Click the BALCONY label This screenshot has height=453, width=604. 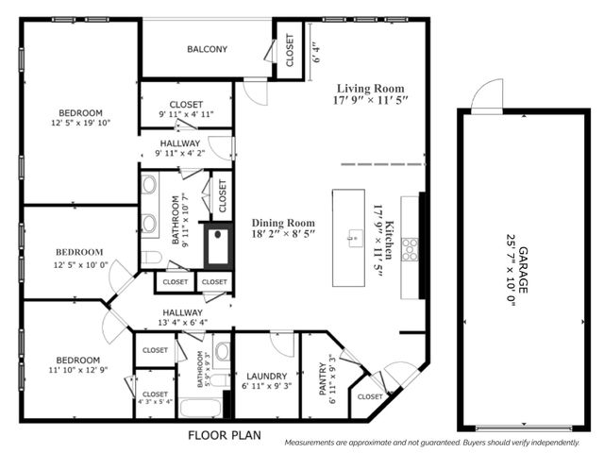pos(206,50)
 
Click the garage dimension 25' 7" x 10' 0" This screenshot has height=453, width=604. pos(511,270)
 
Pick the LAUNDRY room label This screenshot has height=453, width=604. pos(265,375)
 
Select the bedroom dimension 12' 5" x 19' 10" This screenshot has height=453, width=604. pos(81,122)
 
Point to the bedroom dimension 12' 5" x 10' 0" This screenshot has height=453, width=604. pos(80,265)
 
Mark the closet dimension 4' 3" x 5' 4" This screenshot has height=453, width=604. pos(155,401)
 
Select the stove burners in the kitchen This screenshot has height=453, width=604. pos(410,249)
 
